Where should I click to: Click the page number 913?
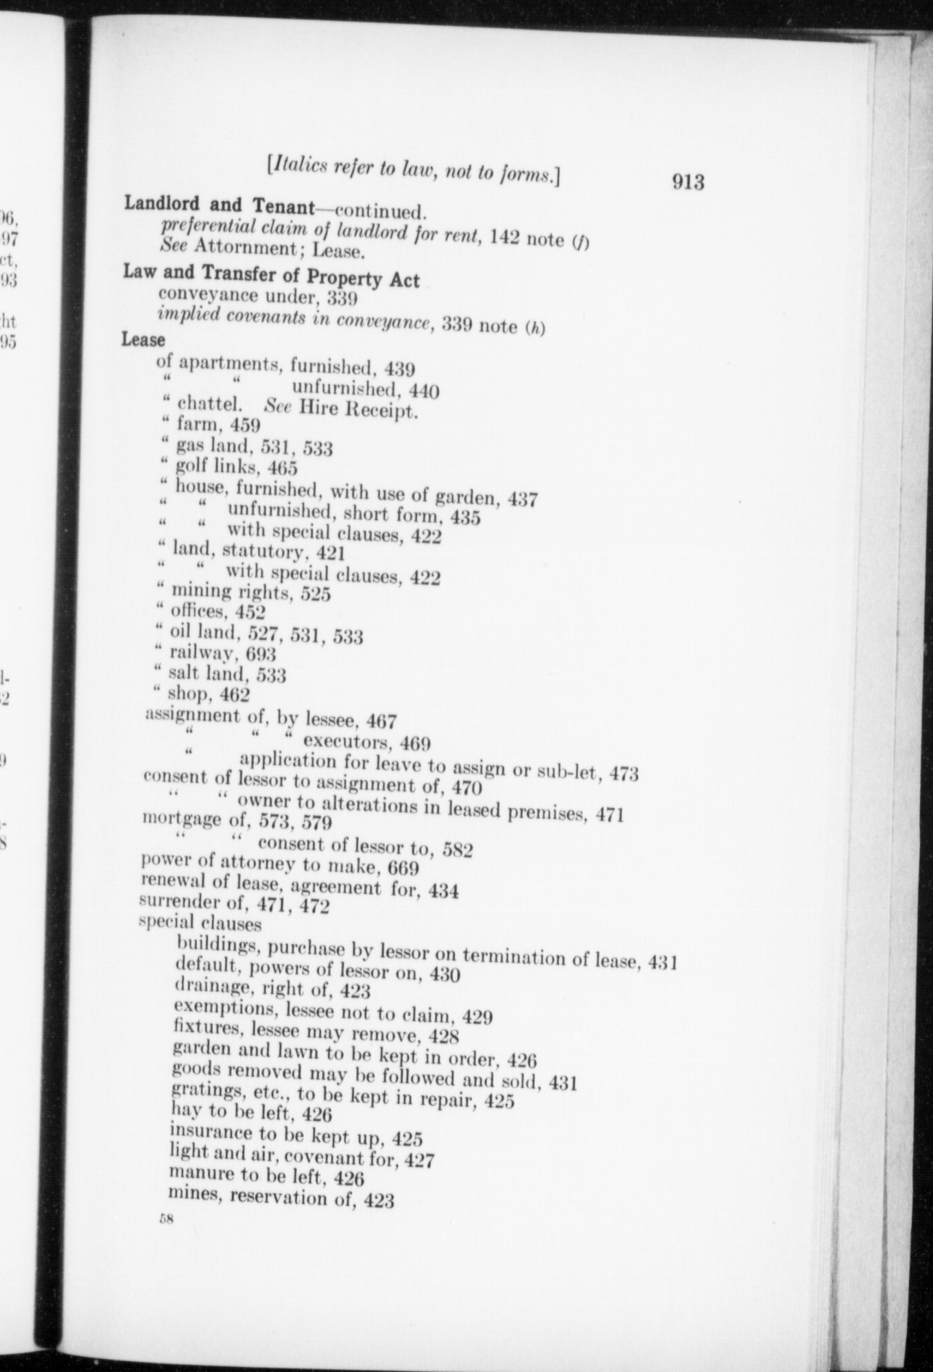[688, 181]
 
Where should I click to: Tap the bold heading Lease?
[143, 339]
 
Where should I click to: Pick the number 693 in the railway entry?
[261, 655]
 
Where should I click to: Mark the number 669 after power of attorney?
[403, 868]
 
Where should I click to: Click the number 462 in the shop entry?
[235, 695]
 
